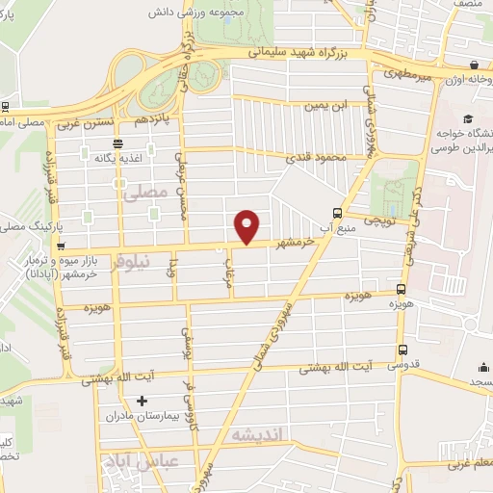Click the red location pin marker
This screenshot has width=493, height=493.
coord(247,225)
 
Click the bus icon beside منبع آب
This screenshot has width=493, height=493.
coord(337,213)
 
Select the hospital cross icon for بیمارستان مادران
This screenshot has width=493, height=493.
coord(143,400)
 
